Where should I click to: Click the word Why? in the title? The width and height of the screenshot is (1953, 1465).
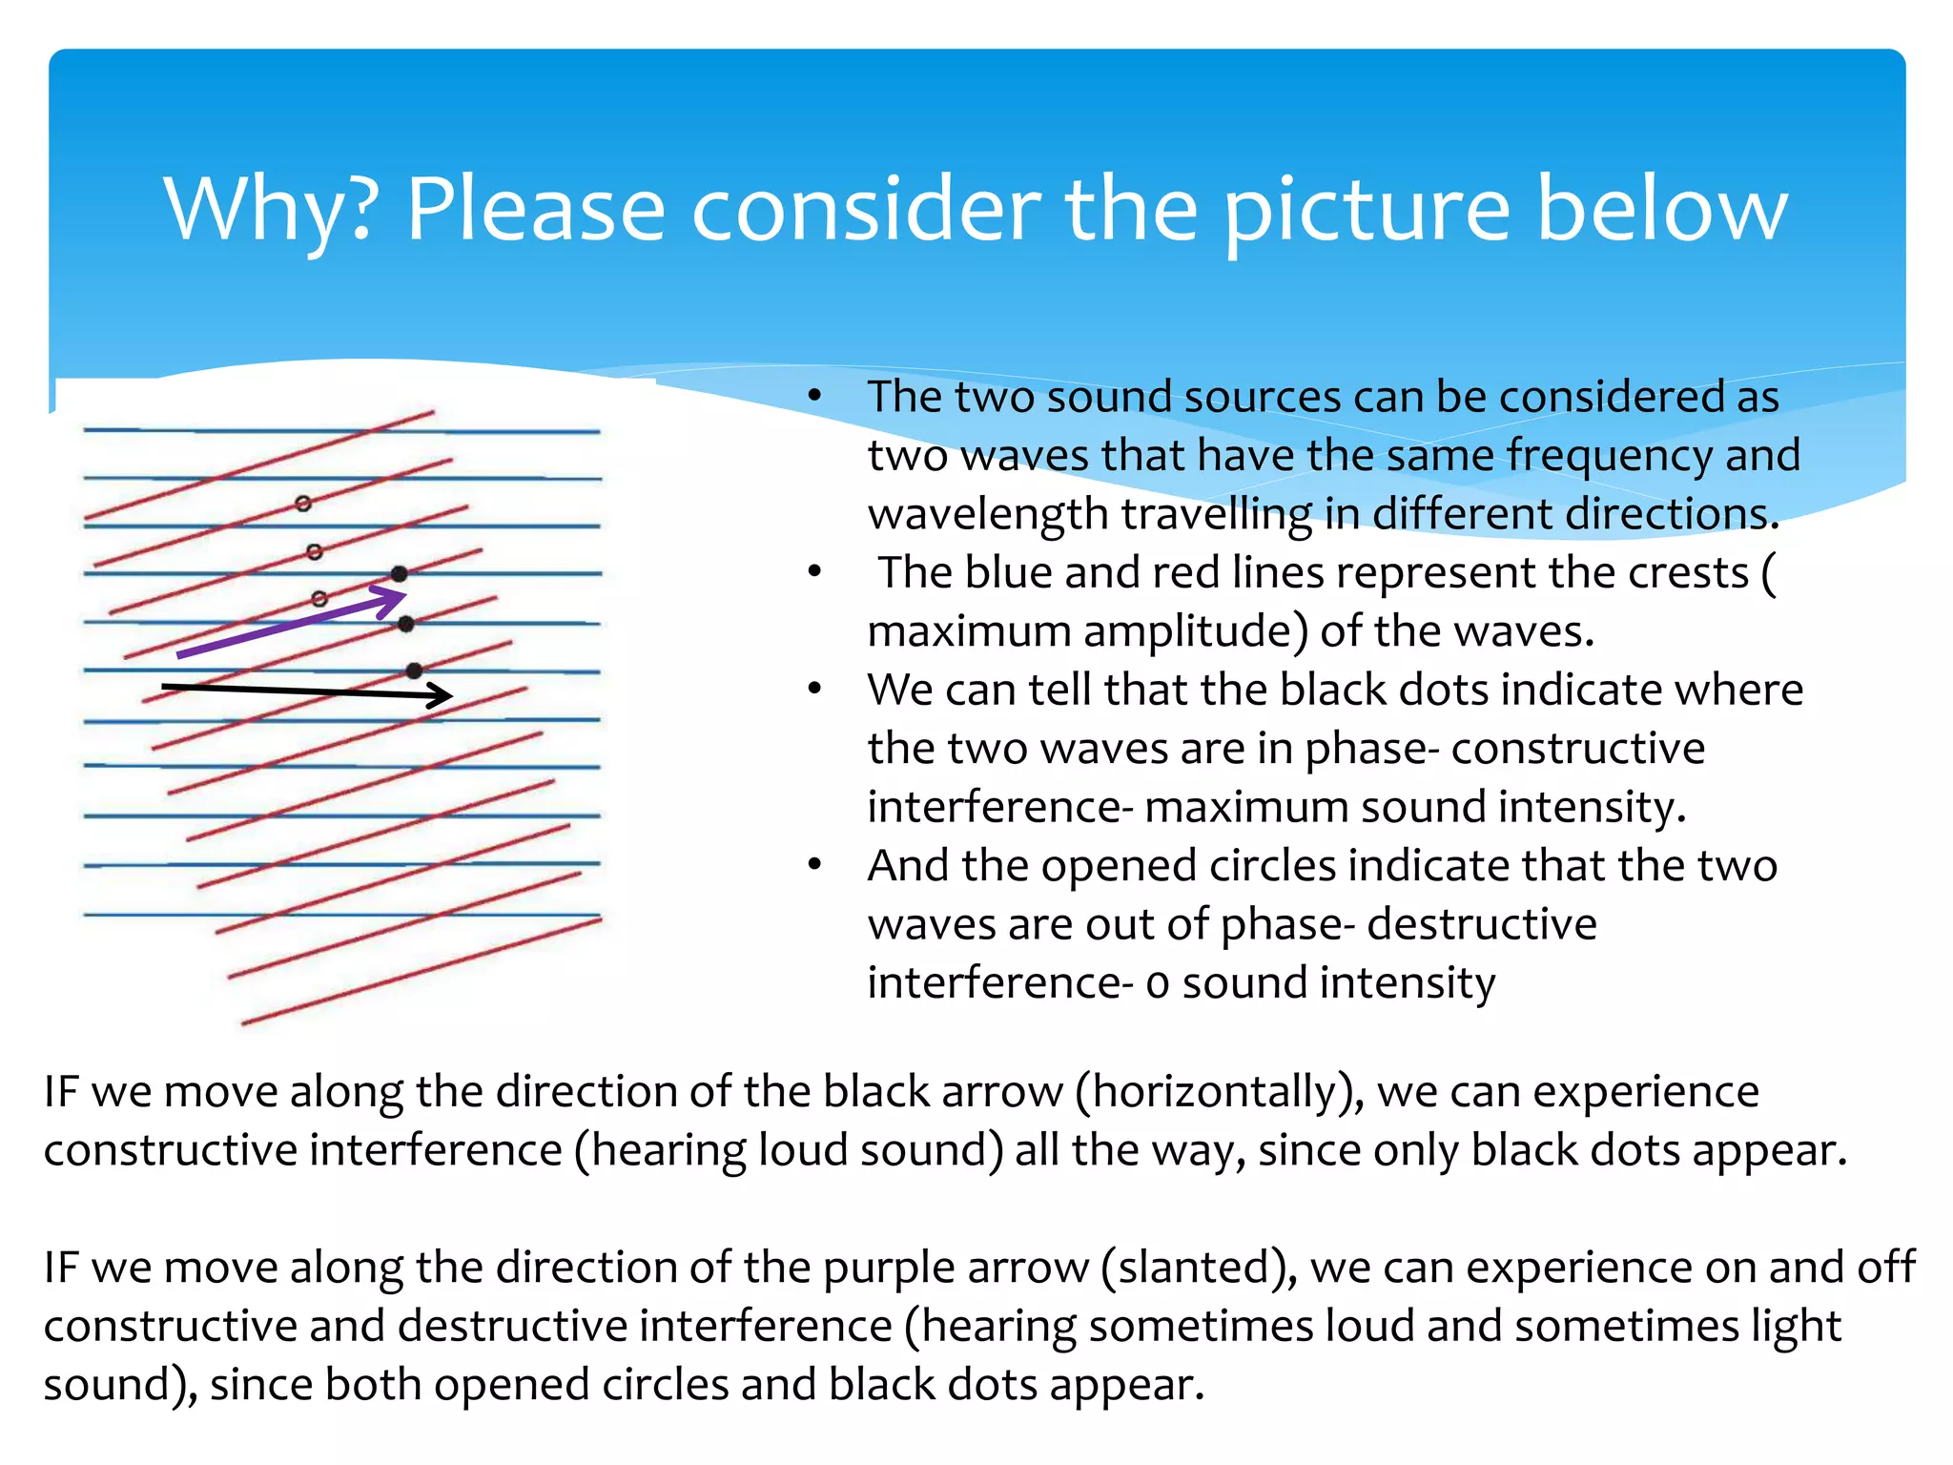coord(273,210)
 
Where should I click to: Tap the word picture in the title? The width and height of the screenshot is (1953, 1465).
coord(1367,210)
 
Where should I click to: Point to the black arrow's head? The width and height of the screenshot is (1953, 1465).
coord(441,695)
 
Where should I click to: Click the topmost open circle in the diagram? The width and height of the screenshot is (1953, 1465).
coord(303,504)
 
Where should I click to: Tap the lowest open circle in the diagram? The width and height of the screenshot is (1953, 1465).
coord(319,599)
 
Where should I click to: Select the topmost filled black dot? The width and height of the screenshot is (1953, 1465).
coord(400,574)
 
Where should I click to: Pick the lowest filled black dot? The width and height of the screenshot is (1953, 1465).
coord(414,671)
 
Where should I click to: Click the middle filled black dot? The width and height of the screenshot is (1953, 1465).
coord(406,624)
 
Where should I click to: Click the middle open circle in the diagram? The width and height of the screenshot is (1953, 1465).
coord(315,552)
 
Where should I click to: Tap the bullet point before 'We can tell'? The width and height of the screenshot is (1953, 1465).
coord(814,689)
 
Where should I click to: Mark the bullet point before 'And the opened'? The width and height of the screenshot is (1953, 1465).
coord(814,865)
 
